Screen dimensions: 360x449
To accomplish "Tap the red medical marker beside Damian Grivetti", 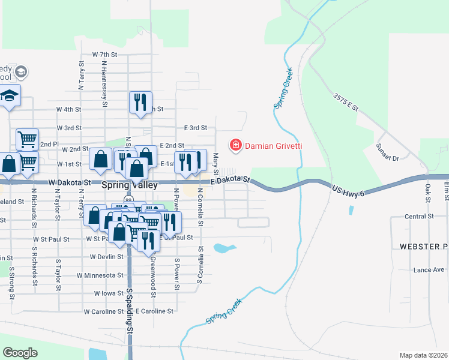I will [235, 145].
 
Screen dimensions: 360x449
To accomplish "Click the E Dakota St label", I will [230, 180].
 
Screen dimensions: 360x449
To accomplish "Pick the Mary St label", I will [215, 161].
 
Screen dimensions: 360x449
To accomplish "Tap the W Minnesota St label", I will [100, 275].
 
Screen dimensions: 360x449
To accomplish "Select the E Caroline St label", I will [154, 311].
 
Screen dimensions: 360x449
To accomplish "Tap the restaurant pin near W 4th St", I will [140, 103].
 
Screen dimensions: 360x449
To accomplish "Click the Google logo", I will [20, 353].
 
